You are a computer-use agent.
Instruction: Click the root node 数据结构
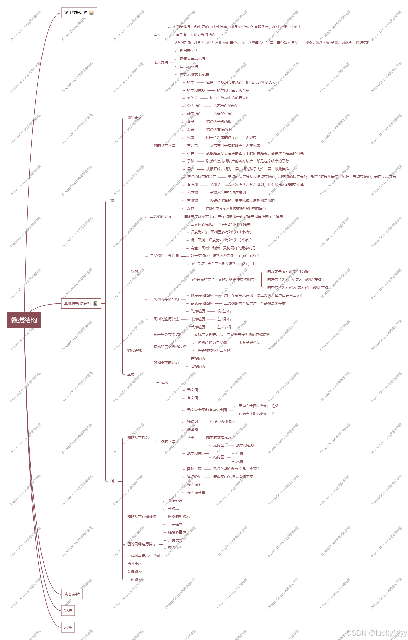pos(24,320)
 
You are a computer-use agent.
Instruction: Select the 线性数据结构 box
pos(79,13)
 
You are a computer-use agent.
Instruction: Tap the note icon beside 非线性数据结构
pos(95,303)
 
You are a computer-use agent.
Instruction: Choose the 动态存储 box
pos(72,594)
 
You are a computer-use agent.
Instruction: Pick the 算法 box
pos(68,611)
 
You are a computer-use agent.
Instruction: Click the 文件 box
pos(68,627)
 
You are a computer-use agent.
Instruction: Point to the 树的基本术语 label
pos(164,145)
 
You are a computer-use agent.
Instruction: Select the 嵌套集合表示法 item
pos(193,59)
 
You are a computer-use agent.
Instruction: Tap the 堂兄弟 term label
pos(193,145)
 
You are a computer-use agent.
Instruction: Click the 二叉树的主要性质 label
pos(164,256)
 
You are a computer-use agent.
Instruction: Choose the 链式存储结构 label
pos(202,303)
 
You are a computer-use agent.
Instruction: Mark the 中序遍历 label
pos(198,319)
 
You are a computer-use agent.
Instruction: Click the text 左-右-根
pos(224,327)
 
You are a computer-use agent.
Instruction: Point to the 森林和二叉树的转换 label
pos(170,347)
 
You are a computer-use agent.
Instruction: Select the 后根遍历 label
pos(198,366)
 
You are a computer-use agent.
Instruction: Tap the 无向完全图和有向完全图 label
pos(207,410)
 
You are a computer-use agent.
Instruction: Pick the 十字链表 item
pos(175,524)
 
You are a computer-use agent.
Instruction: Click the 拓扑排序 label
pos(134,564)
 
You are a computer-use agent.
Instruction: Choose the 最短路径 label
pos(134,580)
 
